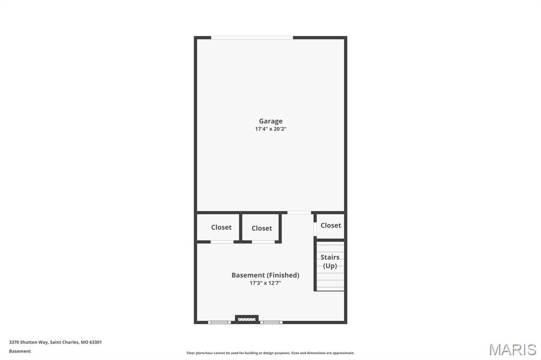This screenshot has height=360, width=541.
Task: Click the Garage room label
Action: pyautogui.click(x=270, y=121)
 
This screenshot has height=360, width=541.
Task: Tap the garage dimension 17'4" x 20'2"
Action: pyautogui.click(x=270, y=129)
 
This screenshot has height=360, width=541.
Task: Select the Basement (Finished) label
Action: pyautogui.click(x=265, y=275)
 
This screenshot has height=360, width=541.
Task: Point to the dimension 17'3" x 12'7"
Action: pyautogui.click(x=265, y=283)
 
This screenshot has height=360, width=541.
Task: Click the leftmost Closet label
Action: pyautogui.click(x=221, y=228)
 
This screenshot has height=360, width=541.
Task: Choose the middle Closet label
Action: pyautogui.click(x=262, y=228)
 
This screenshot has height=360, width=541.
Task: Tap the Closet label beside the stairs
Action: pyautogui.click(x=331, y=225)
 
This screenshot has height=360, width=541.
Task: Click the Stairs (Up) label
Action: pyautogui.click(x=330, y=261)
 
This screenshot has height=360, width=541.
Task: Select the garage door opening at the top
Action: pyautogui.click(x=252, y=37)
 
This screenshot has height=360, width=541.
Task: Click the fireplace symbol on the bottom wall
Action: pyautogui.click(x=247, y=319)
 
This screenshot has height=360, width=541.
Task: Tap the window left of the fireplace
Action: pyautogui.click(x=219, y=321)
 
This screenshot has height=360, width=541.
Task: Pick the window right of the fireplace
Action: pyautogui.click(x=272, y=321)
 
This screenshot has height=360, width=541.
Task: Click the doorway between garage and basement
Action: pyautogui.click(x=299, y=213)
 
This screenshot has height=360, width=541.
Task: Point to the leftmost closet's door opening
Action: pyautogui.click(x=222, y=242)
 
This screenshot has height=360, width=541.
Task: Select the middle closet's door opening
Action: pyautogui.click(x=263, y=242)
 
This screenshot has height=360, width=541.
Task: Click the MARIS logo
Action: pyautogui.click(x=512, y=349)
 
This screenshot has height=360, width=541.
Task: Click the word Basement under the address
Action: pyautogui.click(x=20, y=351)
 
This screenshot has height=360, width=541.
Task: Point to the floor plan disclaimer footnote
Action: pyautogui.click(x=270, y=353)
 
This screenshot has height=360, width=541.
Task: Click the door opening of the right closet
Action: pyautogui.click(x=315, y=229)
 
